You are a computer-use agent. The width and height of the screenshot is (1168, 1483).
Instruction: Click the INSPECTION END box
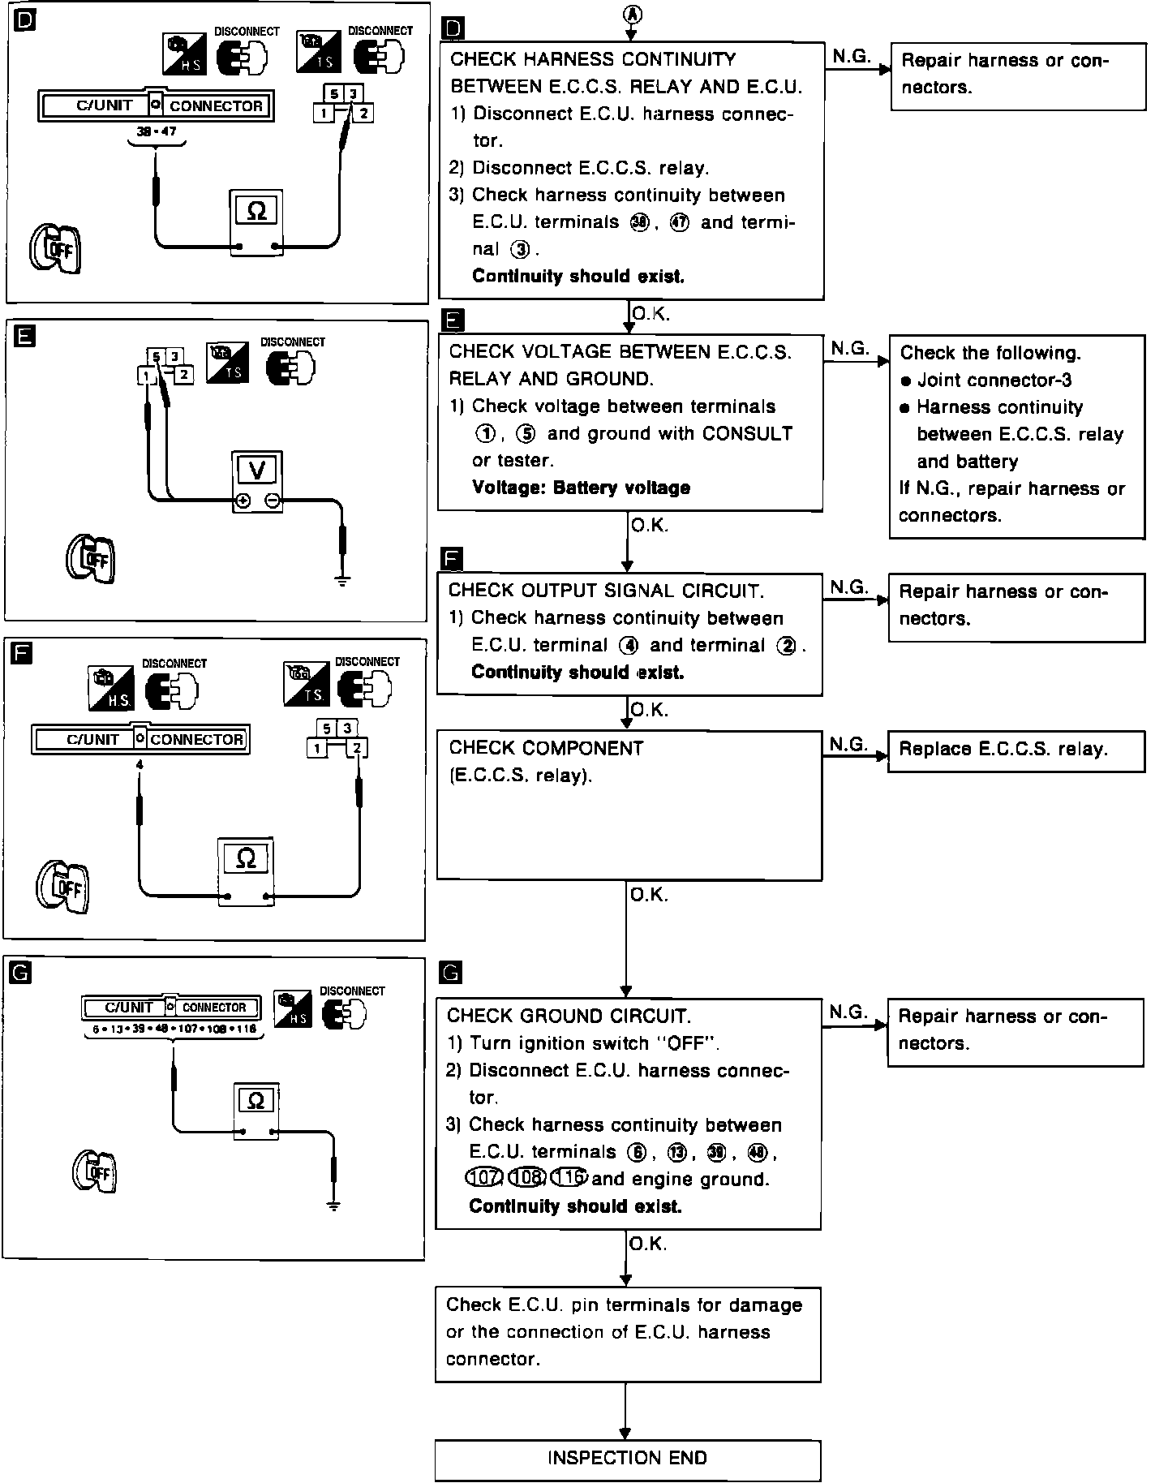pos(627,1458)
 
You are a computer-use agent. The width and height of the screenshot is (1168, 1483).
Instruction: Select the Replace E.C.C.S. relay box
pos(1016,750)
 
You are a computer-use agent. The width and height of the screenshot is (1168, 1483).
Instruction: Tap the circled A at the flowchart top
pos(632,14)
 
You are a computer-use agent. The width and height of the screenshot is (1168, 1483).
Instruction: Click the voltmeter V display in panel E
pos(257,470)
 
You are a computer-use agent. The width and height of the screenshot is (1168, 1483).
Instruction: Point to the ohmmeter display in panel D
pos(256,211)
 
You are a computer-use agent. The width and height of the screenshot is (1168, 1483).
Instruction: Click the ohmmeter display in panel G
pos(255,1100)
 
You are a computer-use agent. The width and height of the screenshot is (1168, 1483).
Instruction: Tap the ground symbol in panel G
pos(333,1205)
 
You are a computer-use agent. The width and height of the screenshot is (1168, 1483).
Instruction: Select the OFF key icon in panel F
pos(62,886)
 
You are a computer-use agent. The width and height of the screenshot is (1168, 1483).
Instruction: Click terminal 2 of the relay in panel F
pos(357,748)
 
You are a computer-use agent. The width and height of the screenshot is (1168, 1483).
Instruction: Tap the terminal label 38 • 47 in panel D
pos(157,131)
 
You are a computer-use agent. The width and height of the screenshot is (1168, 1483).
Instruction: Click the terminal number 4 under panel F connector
pos(140,765)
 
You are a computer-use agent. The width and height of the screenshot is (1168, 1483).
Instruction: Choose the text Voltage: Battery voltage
pos(581,488)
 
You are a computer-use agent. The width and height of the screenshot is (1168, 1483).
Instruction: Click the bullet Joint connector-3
pos(986,380)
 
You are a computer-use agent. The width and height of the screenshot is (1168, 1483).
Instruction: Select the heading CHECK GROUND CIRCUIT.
pos(569,1016)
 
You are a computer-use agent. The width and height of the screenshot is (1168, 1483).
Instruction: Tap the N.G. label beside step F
pos(848,587)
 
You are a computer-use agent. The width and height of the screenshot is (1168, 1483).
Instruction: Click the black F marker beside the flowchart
pos(452,558)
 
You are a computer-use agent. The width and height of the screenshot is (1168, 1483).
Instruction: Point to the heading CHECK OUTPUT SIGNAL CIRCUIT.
pos(606,591)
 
